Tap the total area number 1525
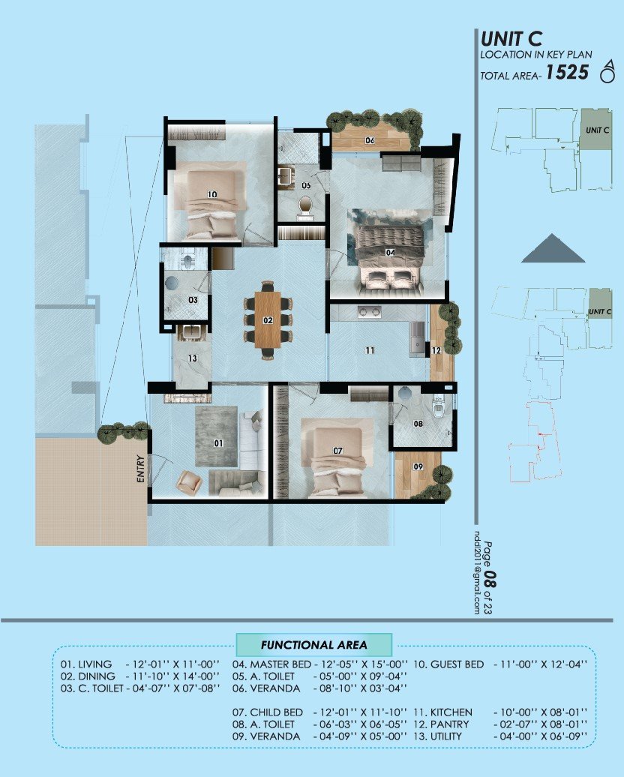[x=567, y=73]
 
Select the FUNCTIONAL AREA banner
[x=313, y=644]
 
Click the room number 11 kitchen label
[x=370, y=350]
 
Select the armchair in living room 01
[x=189, y=481]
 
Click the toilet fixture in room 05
[x=305, y=207]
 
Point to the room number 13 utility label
[x=192, y=358]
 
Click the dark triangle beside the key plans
[x=553, y=249]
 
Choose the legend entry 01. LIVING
[x=86, y=664]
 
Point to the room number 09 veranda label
[x=418, y=467]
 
